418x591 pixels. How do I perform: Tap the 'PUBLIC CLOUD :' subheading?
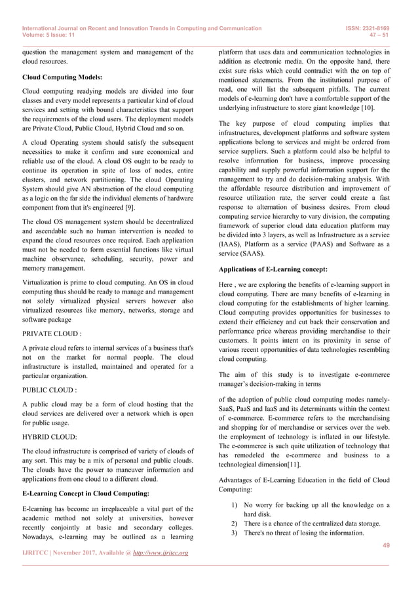49,389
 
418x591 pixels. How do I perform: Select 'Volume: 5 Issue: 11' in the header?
50,37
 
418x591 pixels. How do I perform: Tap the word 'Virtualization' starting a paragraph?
44,282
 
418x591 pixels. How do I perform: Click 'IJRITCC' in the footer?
37,554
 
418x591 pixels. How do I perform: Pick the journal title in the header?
142,29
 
